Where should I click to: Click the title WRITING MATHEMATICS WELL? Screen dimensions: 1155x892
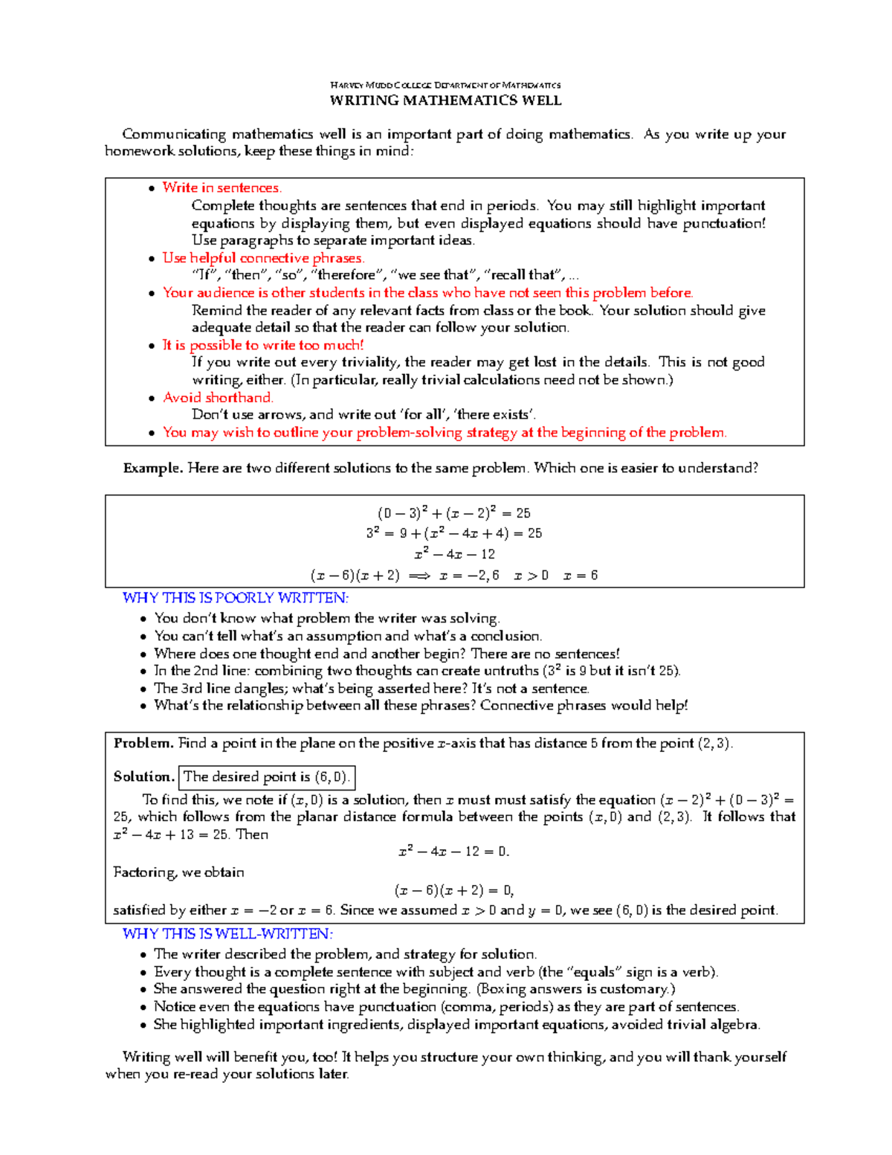click(x=445, y=100)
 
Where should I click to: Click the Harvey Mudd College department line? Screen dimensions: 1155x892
click(x=445, y=85)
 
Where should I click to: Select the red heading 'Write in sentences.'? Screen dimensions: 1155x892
click(x=222, y=188)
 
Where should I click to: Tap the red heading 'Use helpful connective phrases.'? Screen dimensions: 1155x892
click(x=263, y=258)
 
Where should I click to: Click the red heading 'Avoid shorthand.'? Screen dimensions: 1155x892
click(x=218, y=398)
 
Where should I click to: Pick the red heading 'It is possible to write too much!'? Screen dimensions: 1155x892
click(x=262, y=345)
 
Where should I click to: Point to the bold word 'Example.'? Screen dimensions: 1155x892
click(x=153, y=469)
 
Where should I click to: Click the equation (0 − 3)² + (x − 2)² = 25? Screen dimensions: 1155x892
click(x=453, y=513)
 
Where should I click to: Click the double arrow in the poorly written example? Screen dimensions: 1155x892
click(x=419, y=576)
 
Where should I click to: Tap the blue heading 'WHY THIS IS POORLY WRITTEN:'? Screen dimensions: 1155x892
click(x=235, y=598)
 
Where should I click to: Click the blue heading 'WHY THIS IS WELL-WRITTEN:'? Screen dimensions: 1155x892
click(x=227, y=934)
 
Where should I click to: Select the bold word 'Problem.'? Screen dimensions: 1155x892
click(x=143, y=744)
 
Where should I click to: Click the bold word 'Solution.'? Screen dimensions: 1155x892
click(x=143, y=777)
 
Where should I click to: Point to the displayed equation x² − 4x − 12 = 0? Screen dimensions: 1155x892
click(x=454, y=852)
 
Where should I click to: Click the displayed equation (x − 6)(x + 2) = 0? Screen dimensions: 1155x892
click(x=454, y=890)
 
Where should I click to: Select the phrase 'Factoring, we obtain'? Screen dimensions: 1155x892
click(x=178, y=872)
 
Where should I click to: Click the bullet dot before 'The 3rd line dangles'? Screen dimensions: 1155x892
click(x=143, y=689)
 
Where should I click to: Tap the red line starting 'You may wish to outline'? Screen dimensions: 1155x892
click(x=445, y=433)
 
